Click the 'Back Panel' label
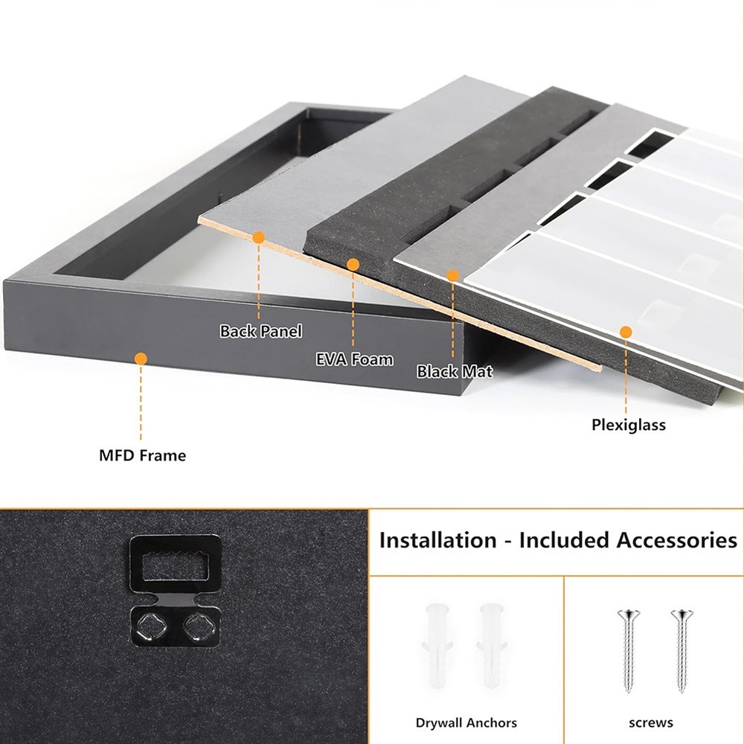click(x=260, y=331)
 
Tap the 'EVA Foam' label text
click(x=354, y=359)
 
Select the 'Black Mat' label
click(x=455, y=371)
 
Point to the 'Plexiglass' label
click(x=628, y=425)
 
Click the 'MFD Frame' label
click(x=142, y=455)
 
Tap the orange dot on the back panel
click(x=259, y=238)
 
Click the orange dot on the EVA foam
click(x=353, y=265)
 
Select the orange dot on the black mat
click(x=452, y=276)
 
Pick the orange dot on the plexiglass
click(x=626, y=332)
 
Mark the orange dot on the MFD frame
click(x=141, y=359)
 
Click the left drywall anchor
click(x=437, y=645)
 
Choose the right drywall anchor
click(x=492, y=645)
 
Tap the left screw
click(x=629, y=651)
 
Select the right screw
click(x=682, y=651)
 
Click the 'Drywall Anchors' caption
click(x=466, y=722)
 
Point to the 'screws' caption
click(x=650, y=722)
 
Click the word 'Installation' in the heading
click(x=437, y=540)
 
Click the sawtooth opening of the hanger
click(x=176, y=565)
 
